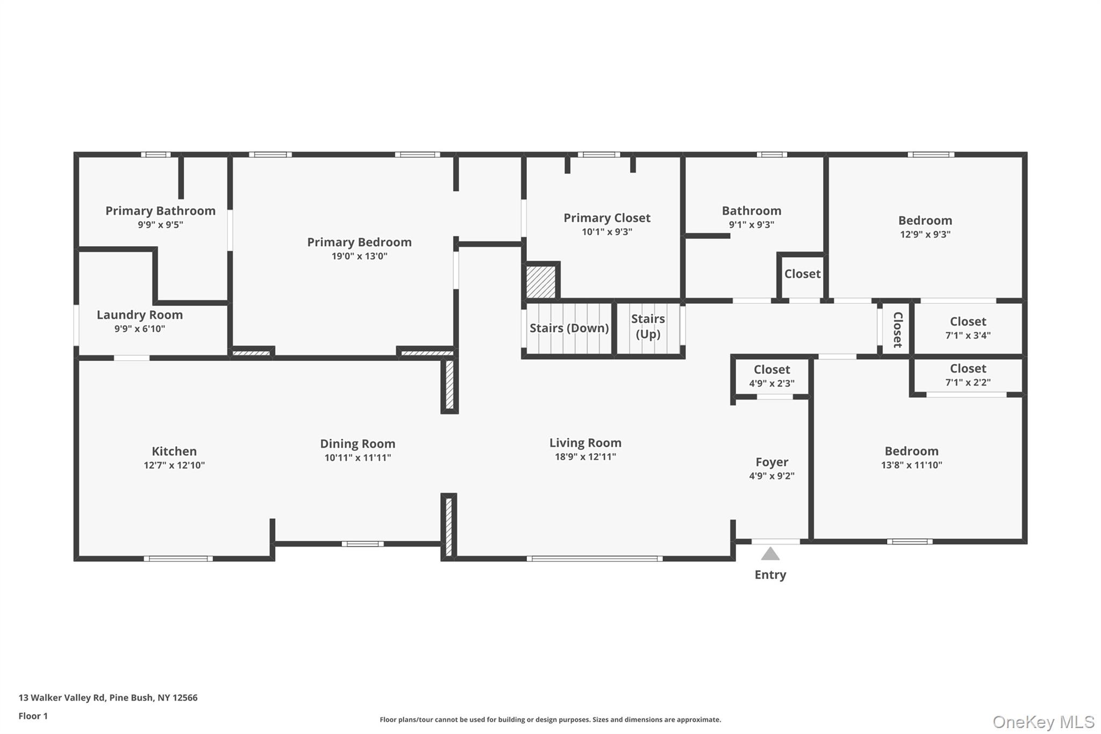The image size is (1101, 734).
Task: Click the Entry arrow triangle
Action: [x=770, y=554]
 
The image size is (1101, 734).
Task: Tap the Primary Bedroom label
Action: [x=359, y=242]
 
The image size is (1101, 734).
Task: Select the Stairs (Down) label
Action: [x=569, y=328]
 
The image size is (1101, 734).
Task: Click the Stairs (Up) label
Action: [x=648, y=326]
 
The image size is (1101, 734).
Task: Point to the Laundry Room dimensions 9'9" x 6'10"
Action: [x=140, y=329]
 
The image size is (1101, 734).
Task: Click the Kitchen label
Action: [x=174, y=451]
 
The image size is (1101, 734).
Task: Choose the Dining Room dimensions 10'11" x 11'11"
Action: [x=358, y=458]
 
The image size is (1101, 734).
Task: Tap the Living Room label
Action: [x=585, y=443]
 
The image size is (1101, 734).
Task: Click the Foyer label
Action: [x=771, y=462]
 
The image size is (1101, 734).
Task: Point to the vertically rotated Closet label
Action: [x=897, y=330]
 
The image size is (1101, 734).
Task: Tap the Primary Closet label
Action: [x=606, y=218]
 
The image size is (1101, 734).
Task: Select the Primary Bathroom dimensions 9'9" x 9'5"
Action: [x=160, y=225]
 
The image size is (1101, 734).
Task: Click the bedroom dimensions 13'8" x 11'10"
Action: [x=911, y=465]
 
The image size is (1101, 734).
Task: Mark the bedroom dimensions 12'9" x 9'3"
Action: [x=925, y=234]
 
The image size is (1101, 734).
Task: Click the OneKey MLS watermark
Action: [x=1043, y=722]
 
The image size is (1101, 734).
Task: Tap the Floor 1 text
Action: [x=33, y=716]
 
